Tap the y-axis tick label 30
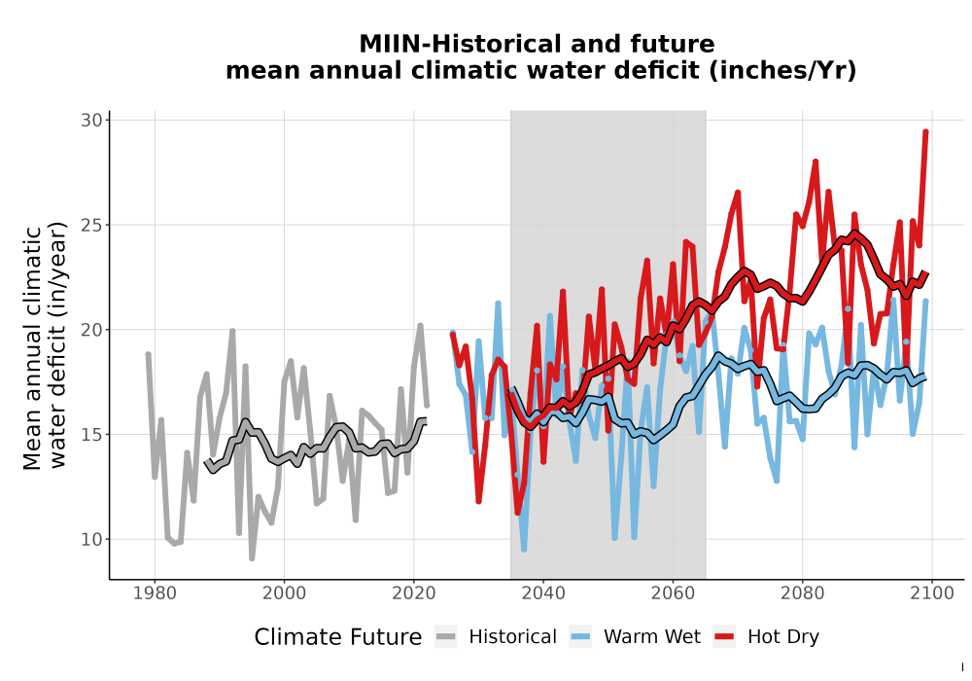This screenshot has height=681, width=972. [x=91, y=121]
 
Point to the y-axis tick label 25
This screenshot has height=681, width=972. [x=91, y=225]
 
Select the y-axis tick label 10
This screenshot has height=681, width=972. [x=91, y=540]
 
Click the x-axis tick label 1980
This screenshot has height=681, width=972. [x=155, y=593]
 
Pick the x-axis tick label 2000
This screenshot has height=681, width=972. [x=284, y=593]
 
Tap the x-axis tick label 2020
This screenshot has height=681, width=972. [x=413, y=593]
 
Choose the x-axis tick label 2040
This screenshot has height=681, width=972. [x=543, y=593]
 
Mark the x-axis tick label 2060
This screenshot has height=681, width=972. [x=673, y=593]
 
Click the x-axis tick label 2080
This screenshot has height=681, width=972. [x=802, y=593]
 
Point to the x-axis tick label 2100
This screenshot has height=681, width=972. [x=932, y=593]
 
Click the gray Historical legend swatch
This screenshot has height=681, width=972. [x=446, y=637]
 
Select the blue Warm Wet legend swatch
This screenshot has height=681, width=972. [x=580, y=637]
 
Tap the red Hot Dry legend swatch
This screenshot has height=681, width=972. [x=724, y=637]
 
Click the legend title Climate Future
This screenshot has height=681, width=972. [x=338, y=637]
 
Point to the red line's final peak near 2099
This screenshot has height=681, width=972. [x=925, y=131]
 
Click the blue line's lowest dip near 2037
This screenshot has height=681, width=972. [x=525, y=550]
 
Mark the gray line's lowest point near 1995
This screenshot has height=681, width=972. [x=252, y=558]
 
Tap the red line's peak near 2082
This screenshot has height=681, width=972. [x=816, y=161]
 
